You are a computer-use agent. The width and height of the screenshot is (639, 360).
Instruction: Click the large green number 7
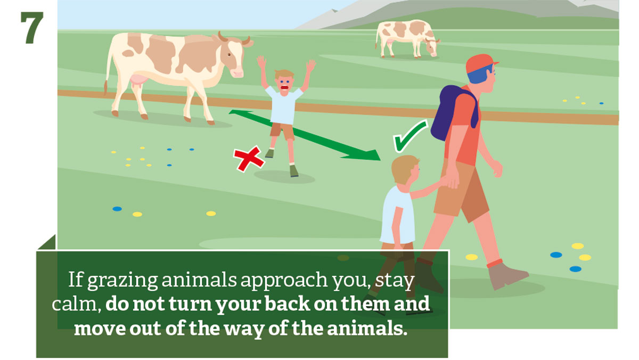coord(32,28)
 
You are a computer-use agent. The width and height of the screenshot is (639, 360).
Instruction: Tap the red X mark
coord(249,159)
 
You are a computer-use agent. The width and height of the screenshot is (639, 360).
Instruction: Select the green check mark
coord(409,136)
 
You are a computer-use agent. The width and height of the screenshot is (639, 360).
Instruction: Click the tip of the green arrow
coord(381,160)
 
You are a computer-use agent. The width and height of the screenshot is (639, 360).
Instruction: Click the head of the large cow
coord(233,55)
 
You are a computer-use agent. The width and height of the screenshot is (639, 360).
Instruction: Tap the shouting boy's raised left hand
coord(310,66)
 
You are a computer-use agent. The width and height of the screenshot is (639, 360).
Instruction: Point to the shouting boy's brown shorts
coord(282,130)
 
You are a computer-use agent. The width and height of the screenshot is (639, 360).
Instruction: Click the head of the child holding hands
coord(405,170)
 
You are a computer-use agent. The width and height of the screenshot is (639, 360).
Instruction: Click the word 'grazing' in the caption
coord(122,280)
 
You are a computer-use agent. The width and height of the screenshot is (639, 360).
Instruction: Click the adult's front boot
coord(507,275)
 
